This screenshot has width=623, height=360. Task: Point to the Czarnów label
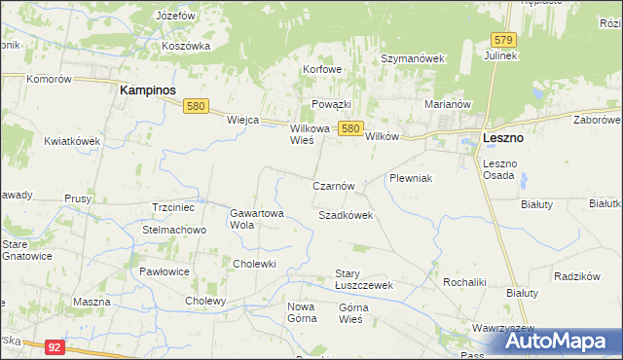[339, 185]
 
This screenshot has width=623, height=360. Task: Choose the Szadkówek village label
[346, 214]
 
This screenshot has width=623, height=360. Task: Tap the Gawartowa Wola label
[256, 218]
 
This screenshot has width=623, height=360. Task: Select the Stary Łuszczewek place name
[363, 279]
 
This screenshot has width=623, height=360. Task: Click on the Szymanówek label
[412, 58]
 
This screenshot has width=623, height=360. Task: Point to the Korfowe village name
[322, 70]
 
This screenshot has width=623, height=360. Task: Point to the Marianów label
[448, 104]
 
